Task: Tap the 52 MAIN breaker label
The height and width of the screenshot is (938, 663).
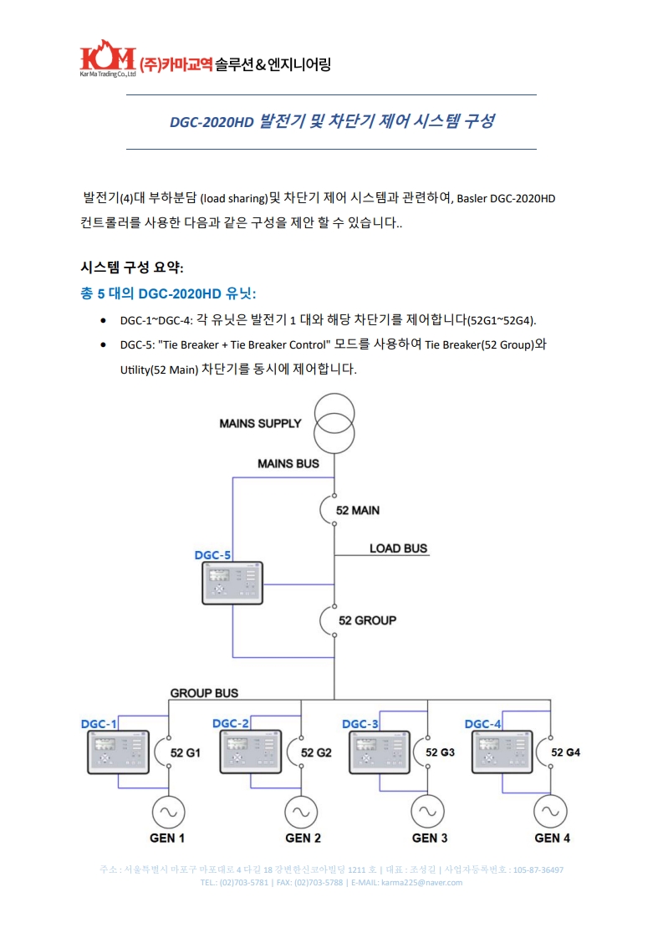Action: point(357,510)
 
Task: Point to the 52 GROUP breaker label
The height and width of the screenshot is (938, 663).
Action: point(367,620)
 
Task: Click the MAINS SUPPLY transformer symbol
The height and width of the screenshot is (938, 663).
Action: point(334,423)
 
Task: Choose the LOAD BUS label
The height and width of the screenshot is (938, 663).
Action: point(398,548)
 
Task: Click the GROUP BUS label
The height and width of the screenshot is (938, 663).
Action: point(204,692)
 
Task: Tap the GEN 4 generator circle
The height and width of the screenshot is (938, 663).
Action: point(552,811)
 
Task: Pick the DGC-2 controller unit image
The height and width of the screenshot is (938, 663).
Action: point(249,752)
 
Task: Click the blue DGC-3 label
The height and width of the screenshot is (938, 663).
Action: point(361,723)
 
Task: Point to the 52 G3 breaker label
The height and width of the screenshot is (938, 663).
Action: point(441,752)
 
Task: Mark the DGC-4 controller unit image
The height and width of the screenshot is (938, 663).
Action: point(502,752)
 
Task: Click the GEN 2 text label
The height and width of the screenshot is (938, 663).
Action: point(303,838)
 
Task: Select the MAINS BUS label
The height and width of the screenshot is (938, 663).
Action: point(288,463)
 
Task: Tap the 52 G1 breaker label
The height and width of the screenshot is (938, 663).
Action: point(186,752)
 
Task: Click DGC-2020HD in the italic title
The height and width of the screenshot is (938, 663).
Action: point(211,122)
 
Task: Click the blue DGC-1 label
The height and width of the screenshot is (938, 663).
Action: point(99,723)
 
